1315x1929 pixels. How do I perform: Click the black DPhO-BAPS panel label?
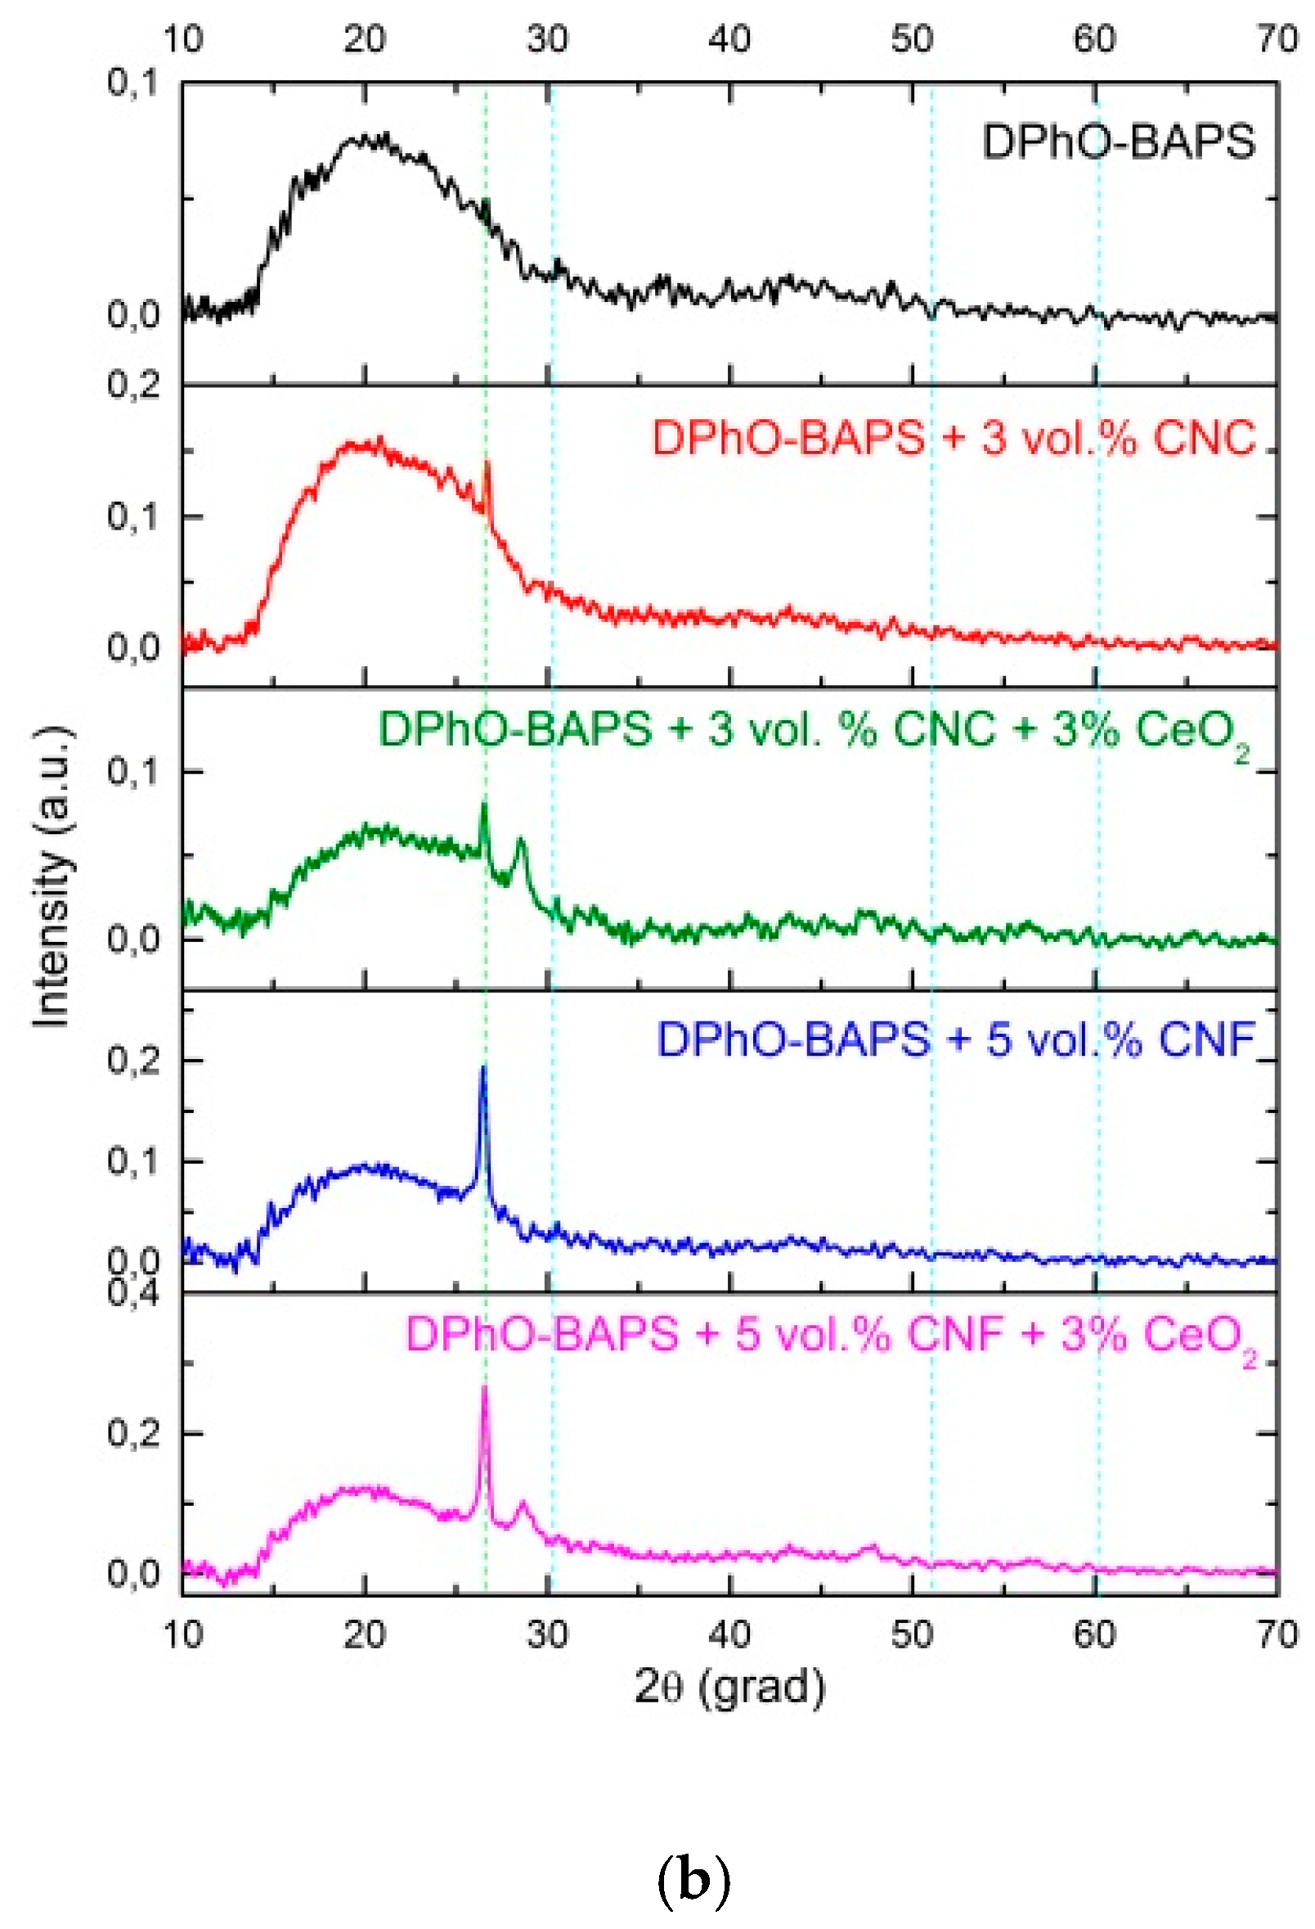[1118, 142]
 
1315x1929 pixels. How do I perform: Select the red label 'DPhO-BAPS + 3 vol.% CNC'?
[954, 438]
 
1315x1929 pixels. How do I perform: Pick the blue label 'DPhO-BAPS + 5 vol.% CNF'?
[956, 1040]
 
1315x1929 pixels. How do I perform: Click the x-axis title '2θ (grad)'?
[730, 1686]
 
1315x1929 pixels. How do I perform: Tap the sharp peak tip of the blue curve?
[483, 1068]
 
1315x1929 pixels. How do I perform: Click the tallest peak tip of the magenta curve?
[484, 1388]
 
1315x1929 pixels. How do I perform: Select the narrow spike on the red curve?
[488, 463]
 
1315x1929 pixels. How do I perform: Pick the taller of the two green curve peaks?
[484, 805]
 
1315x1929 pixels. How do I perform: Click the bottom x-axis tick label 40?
[730, 1634]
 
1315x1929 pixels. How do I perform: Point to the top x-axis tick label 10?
[182, 38]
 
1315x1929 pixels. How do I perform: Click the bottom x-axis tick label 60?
[1095, 1634]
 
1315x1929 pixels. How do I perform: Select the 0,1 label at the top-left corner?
[132, 83]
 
